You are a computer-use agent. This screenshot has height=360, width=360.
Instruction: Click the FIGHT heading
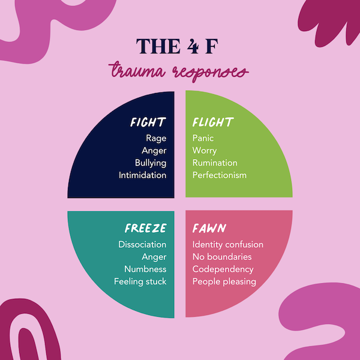(x=148, y=123)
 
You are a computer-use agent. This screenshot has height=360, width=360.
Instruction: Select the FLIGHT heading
(x=212, y=123)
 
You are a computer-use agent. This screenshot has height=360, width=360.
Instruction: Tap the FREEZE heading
(x=145, y=229)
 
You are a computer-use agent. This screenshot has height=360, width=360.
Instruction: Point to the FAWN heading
(x=209, y=229)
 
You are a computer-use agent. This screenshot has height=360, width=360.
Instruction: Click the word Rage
(x=156, y=139)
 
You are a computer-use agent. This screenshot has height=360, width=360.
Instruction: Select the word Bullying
(x=151, y=163)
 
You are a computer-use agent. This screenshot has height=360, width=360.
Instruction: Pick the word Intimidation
(x=142, y=175)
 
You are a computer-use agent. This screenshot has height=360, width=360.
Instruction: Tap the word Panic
(x=203, y=139)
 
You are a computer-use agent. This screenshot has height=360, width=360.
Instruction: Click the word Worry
(x=205, y=151)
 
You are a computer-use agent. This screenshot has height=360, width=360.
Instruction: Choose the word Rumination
(x=215, y=163)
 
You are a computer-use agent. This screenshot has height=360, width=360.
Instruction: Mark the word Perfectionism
(x=219, y=175)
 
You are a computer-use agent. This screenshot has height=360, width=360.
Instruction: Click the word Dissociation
(x=142, y=245)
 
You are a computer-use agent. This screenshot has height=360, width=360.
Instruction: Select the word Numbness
(x=145, y=269)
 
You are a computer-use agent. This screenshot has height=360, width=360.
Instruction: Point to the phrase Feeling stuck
(x=140, y=281)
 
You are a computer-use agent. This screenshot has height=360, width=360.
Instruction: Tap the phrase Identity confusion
(x=228, y=245)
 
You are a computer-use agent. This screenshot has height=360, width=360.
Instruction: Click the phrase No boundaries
(x=222, y=257)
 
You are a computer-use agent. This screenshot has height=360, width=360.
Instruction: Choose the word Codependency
(x=223, y=269)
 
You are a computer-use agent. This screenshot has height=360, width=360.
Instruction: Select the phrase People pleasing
(x=224, y=281)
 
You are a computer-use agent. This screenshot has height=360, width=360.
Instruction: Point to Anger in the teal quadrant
(x=154, y=257)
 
